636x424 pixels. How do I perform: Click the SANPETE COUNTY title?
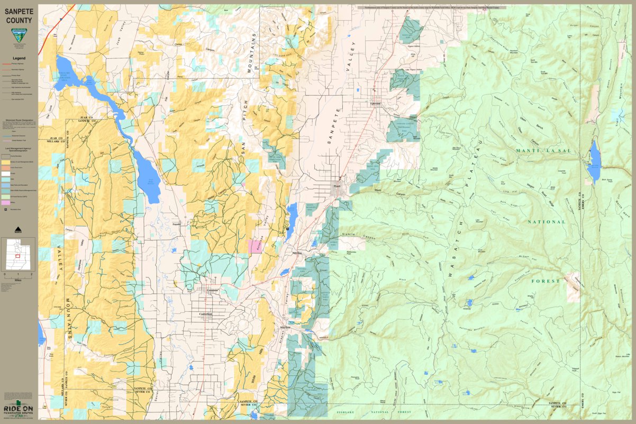tap(19, 15)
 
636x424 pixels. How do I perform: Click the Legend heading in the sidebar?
tap(19, 58)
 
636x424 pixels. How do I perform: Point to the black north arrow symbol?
tap(19, 229)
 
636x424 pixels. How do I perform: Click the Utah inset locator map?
tap(19, 254)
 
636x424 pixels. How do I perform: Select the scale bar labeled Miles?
tap(19, 275)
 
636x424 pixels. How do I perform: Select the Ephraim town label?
tap(376, 104)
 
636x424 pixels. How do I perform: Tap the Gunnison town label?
tap(212, 291)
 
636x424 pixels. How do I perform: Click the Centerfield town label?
tap(205, 314)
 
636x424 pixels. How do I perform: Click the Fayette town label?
tap(177, 224)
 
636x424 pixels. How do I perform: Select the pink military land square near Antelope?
tap(255, 247)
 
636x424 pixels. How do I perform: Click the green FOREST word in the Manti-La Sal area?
tap(546, 281)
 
